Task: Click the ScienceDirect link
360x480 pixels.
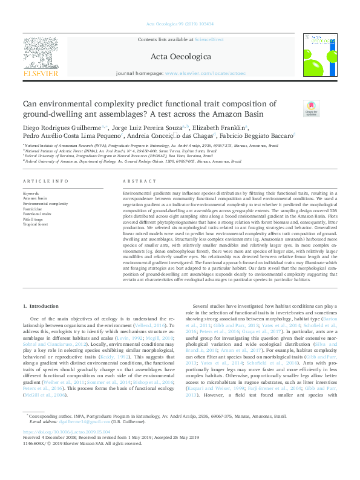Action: pos(208,39)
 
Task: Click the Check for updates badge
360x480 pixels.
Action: pos(311,108)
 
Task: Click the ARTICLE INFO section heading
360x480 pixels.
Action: pos(41,181)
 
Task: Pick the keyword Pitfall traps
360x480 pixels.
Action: pos(34,219)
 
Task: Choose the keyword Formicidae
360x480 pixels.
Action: pos(33,209)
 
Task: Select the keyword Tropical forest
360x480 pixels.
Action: pos(36,224)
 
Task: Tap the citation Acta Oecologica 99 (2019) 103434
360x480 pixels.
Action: pos(180,24)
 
